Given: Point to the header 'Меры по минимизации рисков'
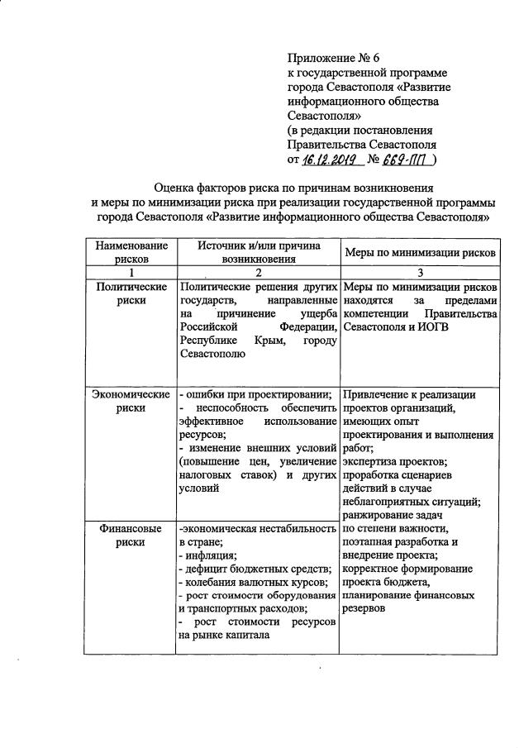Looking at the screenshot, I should [x=419, y=253].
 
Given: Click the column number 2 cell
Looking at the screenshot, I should [x=257, y=273].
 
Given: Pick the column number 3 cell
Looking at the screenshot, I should [x=419, y=273].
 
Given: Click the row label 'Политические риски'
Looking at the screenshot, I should [x=131, y=294].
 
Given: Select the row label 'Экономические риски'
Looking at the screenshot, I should [x=131, y=401].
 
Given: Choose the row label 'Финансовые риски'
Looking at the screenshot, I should [x=131, y=536].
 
